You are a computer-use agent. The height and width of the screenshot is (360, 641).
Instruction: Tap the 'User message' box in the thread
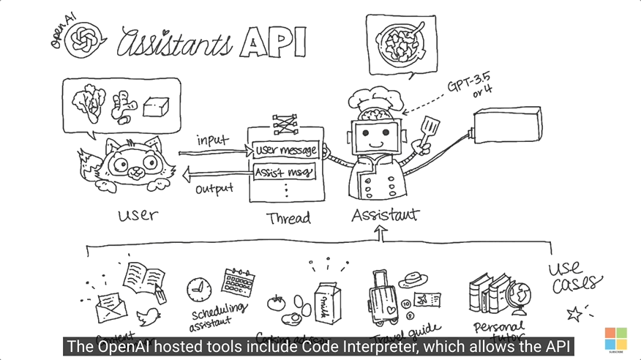point(285,151)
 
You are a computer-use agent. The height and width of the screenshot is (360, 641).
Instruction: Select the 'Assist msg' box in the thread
point(284,173)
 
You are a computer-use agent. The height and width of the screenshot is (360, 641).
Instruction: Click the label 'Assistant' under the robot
point(385,215)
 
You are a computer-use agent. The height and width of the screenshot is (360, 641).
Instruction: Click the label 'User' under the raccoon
point(138,214)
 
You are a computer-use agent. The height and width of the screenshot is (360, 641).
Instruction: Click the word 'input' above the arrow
point(213,139)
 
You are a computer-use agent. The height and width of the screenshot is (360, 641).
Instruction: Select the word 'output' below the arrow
point(214,190)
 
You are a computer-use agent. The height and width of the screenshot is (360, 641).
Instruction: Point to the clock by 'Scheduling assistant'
point(198,290)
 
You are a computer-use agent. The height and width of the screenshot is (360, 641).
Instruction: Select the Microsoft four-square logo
point(615,339)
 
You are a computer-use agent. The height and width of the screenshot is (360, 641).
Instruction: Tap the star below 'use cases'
point(575,314)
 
